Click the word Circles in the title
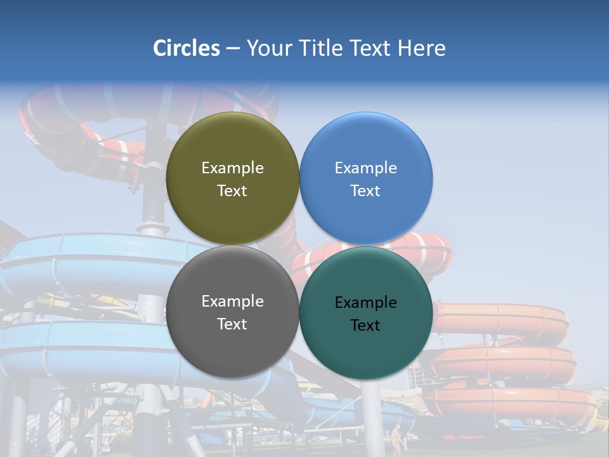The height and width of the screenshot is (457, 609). (187, 48)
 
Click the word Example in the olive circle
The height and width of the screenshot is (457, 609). (232, 168)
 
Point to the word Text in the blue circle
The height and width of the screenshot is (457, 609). (365, 191)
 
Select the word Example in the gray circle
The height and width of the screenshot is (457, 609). (232, 301)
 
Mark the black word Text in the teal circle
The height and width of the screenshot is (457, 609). (365, 326)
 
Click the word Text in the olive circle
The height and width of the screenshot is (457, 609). (232, 191)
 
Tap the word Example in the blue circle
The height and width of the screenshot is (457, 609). (365, 168)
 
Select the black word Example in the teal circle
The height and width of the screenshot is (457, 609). (365, 303)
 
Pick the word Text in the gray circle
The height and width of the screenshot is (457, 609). (232, 324)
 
